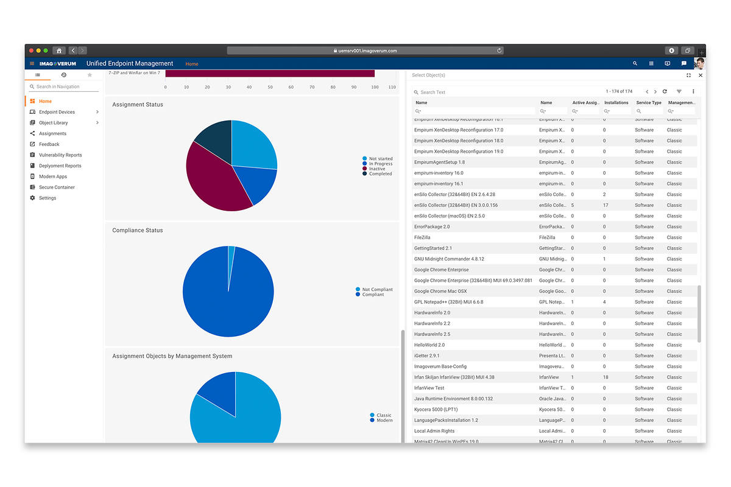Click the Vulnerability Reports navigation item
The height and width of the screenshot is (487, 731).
pos(60,155)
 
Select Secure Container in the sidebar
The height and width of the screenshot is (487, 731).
pos(56,187)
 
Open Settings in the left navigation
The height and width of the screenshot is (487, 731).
pos(47,198)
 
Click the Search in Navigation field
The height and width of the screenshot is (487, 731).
pos(63,86)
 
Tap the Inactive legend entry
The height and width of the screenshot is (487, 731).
pos(376,169)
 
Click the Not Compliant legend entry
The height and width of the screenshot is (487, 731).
pos(377,290)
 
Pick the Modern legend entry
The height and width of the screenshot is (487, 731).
pos(384,420)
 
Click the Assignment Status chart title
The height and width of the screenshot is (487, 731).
pos(138,105)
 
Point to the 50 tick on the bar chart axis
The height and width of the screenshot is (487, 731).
pos(270,87)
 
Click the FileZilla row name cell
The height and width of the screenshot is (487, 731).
pos(422,237)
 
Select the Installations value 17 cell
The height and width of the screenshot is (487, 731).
pos(606,205)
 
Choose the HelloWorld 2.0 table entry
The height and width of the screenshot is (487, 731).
pos(429,345)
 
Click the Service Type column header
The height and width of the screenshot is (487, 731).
pos(648,103)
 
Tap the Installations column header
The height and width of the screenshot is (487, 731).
pos(616,103)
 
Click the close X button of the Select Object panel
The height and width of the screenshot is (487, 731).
pos(700,75)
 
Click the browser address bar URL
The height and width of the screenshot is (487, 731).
pos(365,51)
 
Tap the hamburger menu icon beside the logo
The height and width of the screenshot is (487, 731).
pos(32,63)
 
